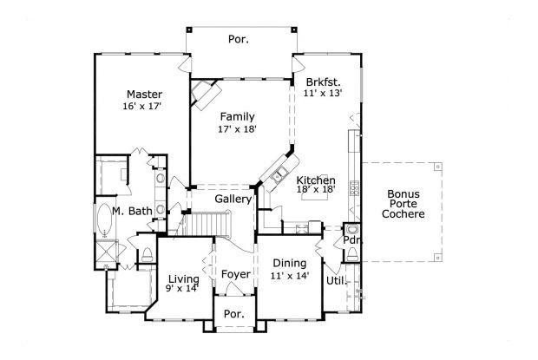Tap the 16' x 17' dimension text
tap(143, 106)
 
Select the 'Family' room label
tap(236, 116)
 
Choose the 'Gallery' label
tap(233, 200)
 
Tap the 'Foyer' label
tap(235, 275)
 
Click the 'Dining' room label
tap(289, 264)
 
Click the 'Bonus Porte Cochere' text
tap(406, 203)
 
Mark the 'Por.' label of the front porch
tap(234, 313)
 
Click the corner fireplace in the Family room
tap(206, 92)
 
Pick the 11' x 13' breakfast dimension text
tap(323, 92)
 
